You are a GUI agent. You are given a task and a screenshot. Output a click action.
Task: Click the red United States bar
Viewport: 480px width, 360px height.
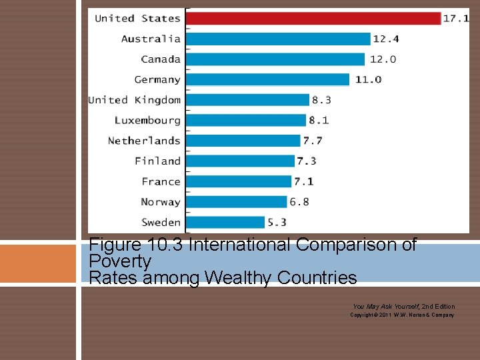[x=313, y=19]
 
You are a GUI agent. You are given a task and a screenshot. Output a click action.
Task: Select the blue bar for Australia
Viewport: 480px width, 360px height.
[x=278, y=39]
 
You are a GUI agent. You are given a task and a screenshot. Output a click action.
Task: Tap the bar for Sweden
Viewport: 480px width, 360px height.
[x=225, y=222]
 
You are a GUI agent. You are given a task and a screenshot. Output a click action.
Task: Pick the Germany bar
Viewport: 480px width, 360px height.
[x=267, y=80]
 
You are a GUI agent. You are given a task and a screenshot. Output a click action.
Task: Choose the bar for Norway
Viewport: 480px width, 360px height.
[x=237, y=201]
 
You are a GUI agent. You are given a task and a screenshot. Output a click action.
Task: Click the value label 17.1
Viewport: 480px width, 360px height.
[x=457, y=19]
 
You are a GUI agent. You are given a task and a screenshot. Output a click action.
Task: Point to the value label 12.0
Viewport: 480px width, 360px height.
[x=383, y=59]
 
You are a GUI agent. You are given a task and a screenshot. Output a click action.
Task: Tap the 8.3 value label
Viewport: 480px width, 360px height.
[x=321, y=100]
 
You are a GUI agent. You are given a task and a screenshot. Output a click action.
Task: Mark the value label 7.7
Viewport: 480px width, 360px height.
[x=313, y=141]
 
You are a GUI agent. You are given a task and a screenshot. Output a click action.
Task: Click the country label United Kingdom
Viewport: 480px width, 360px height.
[x=135, y=100]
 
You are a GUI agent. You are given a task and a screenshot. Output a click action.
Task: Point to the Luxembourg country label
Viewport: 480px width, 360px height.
[x=147, y=121]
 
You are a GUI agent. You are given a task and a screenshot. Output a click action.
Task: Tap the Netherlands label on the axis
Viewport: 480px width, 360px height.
[x=144, y=141]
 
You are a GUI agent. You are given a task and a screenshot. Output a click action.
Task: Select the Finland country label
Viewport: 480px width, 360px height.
[x=157, y=161]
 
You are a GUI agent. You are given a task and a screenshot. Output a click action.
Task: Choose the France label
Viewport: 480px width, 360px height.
[x=161, y=181]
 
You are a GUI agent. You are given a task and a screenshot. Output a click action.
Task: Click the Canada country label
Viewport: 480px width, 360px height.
[x=161, y=59]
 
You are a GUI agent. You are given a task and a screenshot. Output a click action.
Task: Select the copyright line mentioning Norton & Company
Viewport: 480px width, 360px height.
[x=402, y=315]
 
